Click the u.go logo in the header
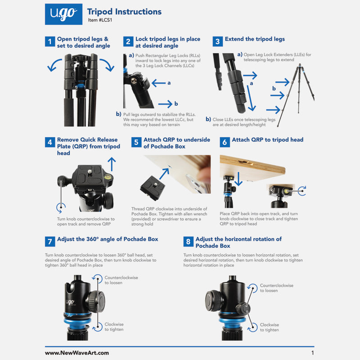tap(63, 14)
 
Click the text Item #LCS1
tap(100, 21)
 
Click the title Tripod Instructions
tap(124, 12)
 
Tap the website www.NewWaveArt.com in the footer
tap(76, 353)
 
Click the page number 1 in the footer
tap(312, 353)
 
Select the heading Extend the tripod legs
tap(255, 39)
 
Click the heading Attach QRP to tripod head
tap(267, 140)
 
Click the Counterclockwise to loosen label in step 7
tap(113, 280)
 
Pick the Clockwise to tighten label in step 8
tap(269, 327)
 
